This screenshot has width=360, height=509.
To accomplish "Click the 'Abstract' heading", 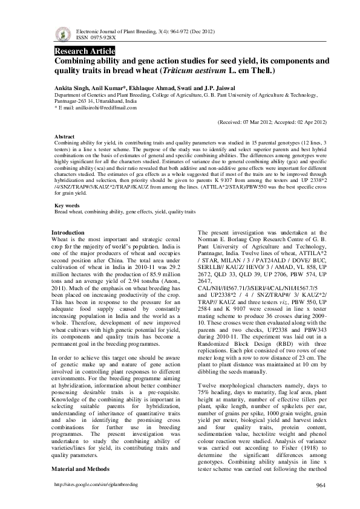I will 65,137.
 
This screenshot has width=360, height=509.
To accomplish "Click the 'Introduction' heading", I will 68,233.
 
